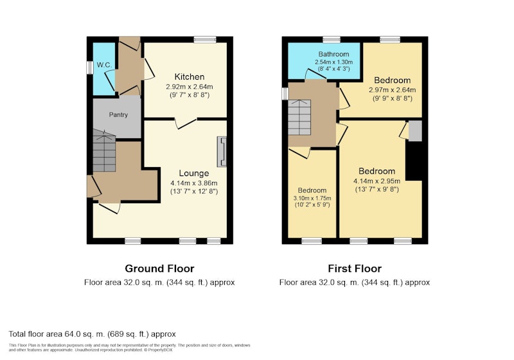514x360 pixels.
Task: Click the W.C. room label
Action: (x=104, y=65)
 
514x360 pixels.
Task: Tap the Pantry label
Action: (x=118, y=115)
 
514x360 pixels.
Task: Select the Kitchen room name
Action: (x=190, y=76)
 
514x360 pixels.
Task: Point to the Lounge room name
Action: (x=194, y=173)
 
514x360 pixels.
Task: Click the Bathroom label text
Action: (x=333, y=54)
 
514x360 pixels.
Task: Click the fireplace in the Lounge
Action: (x=222, y=152)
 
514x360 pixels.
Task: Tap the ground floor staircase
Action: (x=104, y=150)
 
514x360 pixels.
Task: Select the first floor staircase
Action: (x=299, y=117)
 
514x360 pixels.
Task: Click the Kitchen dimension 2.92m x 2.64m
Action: (x=190, y=87)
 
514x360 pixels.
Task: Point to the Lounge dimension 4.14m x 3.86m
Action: (x=194, y=183)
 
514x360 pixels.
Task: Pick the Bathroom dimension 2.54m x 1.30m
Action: (x=333, y=62)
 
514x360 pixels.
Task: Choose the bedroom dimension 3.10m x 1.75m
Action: (x=312, y=198)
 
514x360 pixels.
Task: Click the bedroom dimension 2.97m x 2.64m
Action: (x=393, y=90)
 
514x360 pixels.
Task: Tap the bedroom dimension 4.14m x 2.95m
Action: (x=377, y=181)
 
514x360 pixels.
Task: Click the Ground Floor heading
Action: (x=159, y=269)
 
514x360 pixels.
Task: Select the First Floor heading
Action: (x=355, y=269)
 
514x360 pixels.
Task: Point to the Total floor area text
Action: (x=92, y=334)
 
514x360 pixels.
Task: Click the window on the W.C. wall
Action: (x=89, y=68)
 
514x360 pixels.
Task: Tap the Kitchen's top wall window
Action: (x=205, y=40)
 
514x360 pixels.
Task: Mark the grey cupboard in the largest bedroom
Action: (x=414, y=131)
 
